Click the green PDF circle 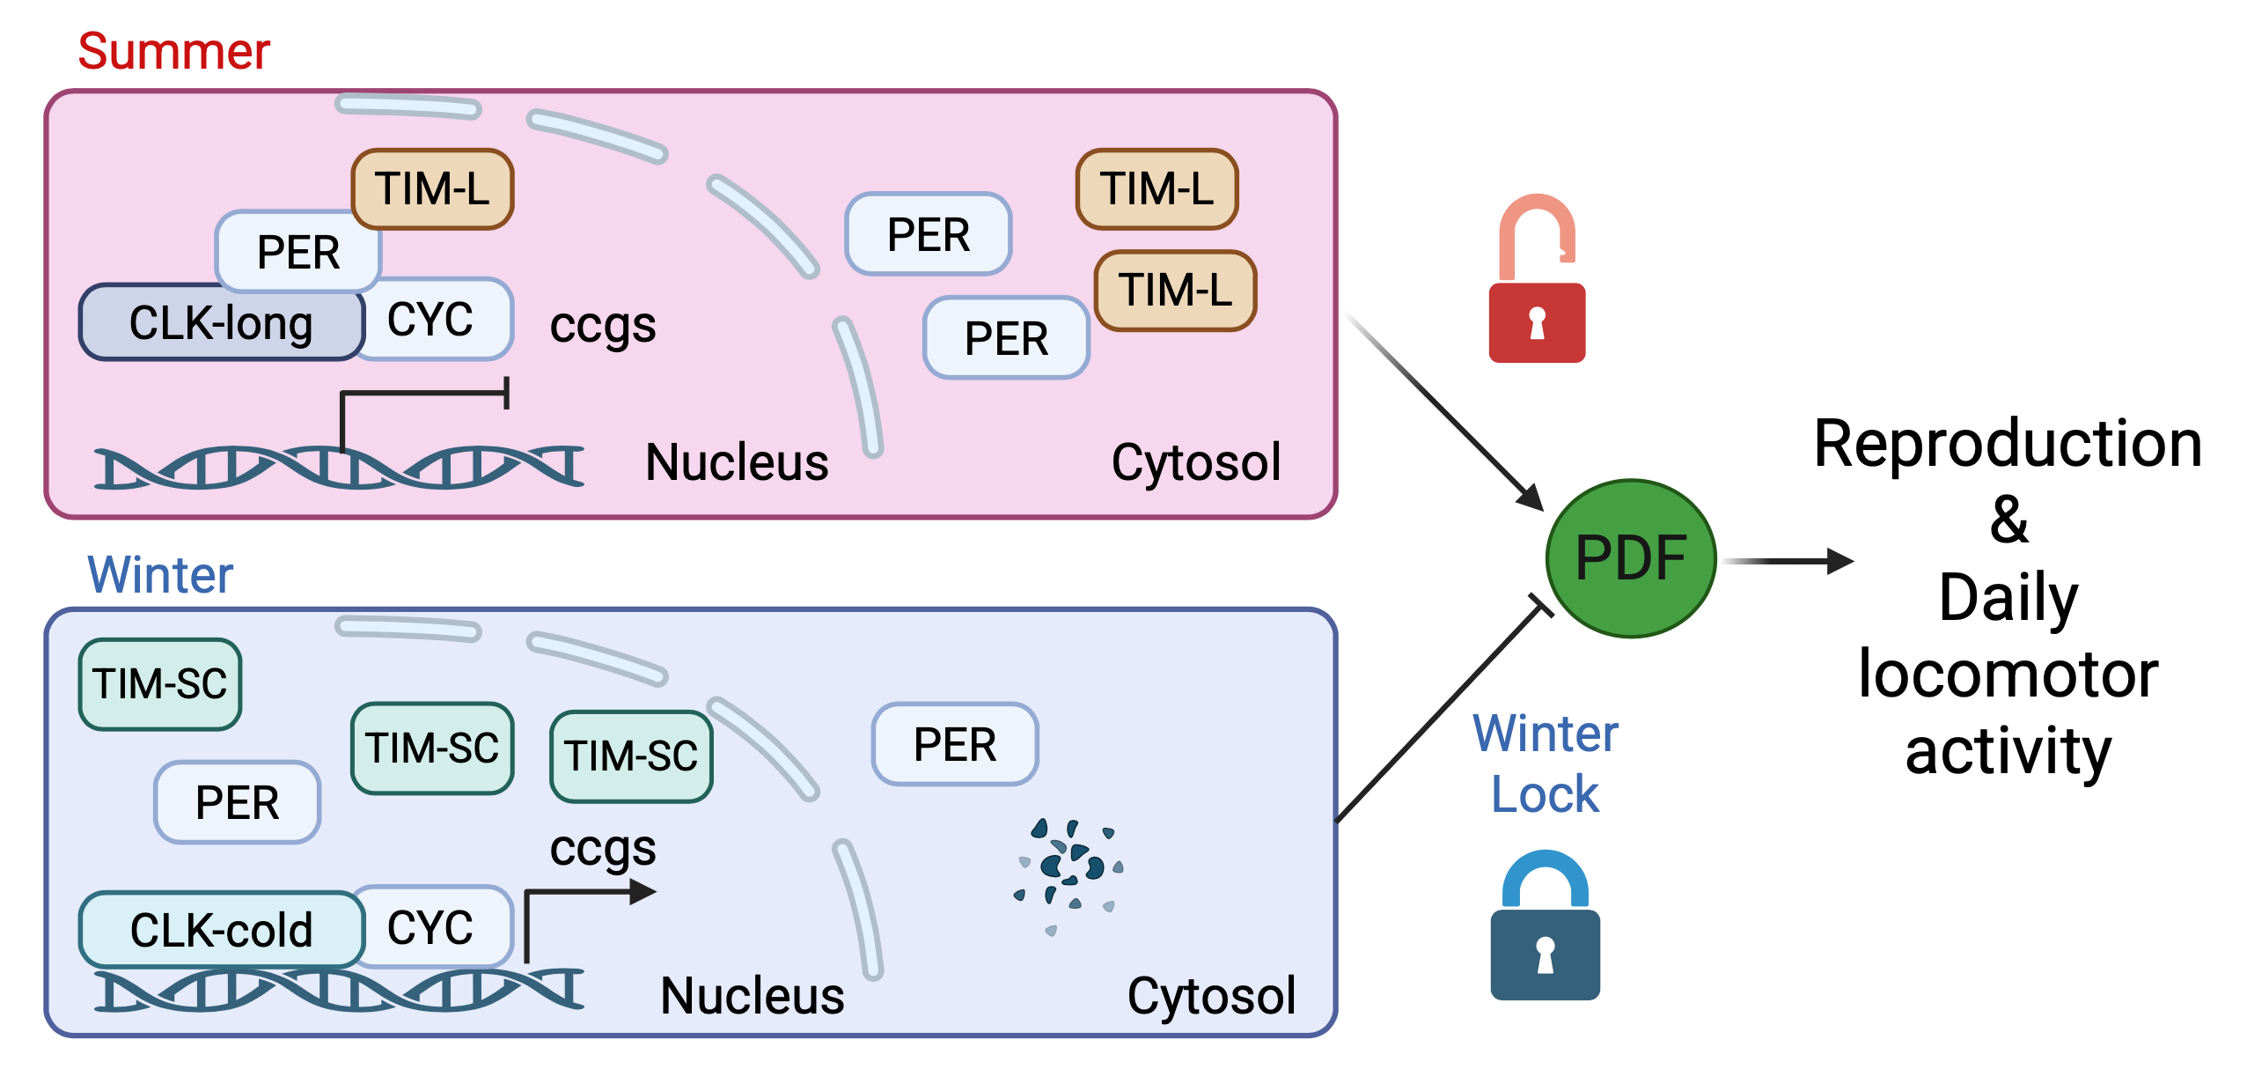(1630, 558)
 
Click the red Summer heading (173, 51)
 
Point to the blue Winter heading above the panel (160, 575)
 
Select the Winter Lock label (1546, 763)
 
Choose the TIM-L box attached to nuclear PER (432, 188)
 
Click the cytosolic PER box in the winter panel (955, 744)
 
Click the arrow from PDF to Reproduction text (1787, 561)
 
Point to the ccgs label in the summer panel (603, 326)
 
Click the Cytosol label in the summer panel (1195, 461)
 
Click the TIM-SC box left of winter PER (160, 684)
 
